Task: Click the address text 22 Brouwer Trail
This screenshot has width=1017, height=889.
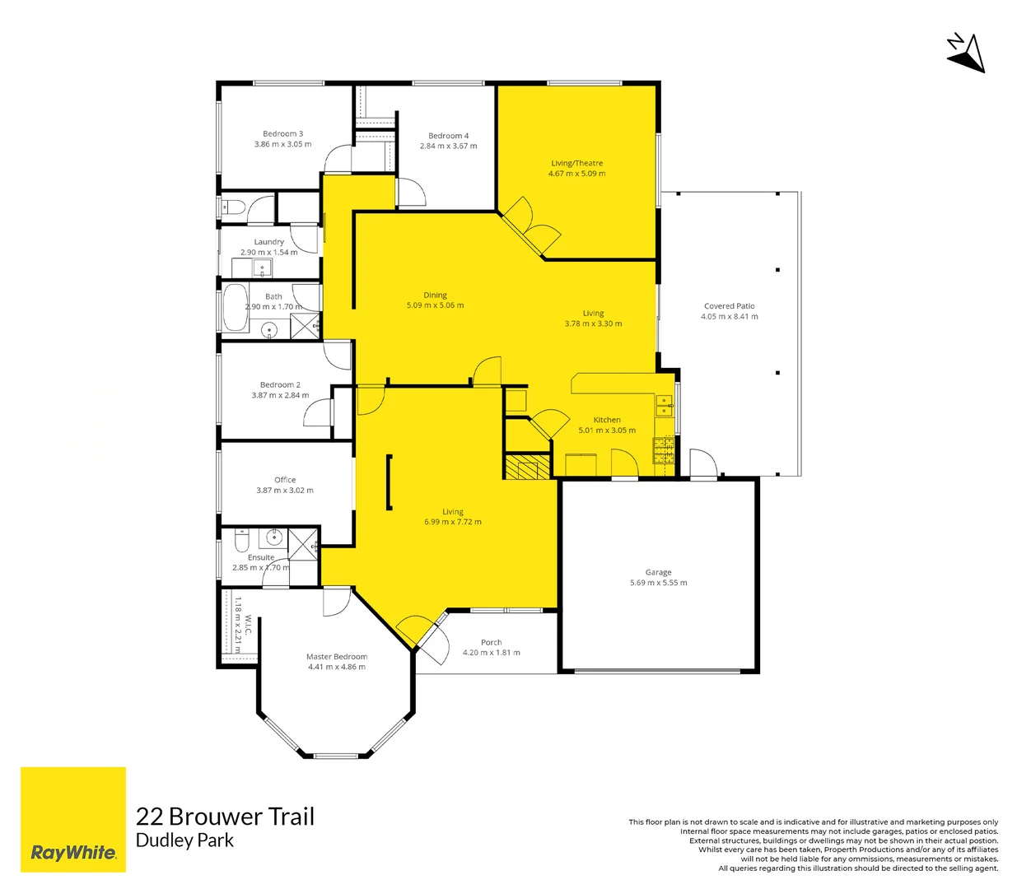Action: [x=225, y=817]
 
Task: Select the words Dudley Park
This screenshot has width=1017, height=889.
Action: [x=184, y=840]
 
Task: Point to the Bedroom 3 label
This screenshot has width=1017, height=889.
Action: [x=282, y=133]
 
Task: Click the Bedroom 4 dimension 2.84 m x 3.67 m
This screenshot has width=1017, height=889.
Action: [x=448, y=147]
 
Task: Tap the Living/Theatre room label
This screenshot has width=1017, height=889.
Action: [x=576, y=163]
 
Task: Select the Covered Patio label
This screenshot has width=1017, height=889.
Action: [x=729, y=306]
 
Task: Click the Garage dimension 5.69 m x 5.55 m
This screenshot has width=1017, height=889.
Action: [x=658, y=583]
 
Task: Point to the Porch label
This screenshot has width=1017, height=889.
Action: [x=491, y=642]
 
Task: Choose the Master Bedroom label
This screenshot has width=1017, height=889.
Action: [x=336, y=657]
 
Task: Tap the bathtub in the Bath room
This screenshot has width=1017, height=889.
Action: [x=236, y=309]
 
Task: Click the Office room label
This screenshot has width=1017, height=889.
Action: [x=285, y=480]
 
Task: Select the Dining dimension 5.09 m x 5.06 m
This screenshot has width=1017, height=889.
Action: [x=435, y=305]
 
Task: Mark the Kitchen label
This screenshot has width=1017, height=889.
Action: [x=607, y=420]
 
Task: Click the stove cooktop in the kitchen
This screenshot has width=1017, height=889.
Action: [x=664, y=450]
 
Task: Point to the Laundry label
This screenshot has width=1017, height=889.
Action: [x=268, y=242]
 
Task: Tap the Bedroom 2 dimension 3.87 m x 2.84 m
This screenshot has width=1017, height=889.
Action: [x=280, y=396]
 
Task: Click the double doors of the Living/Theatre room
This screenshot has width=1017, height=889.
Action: [x=531, y=226]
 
